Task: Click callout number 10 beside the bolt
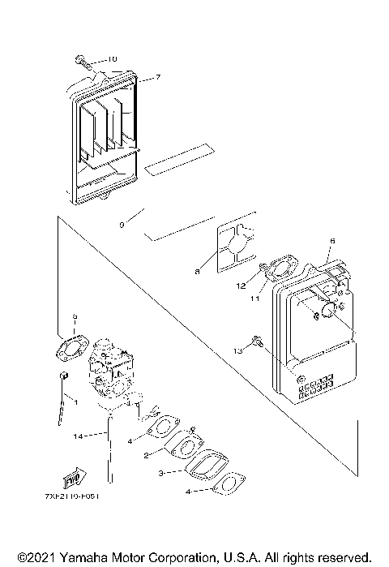pos(112,59)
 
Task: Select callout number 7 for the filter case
pos(158,77)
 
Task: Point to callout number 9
pos(122,224)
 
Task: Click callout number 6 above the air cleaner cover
pos(332,241)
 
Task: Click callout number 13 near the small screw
pos(237,351)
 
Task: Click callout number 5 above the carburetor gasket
pos(75,317)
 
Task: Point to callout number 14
pos(78,436)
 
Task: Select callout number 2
pos(145,456)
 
